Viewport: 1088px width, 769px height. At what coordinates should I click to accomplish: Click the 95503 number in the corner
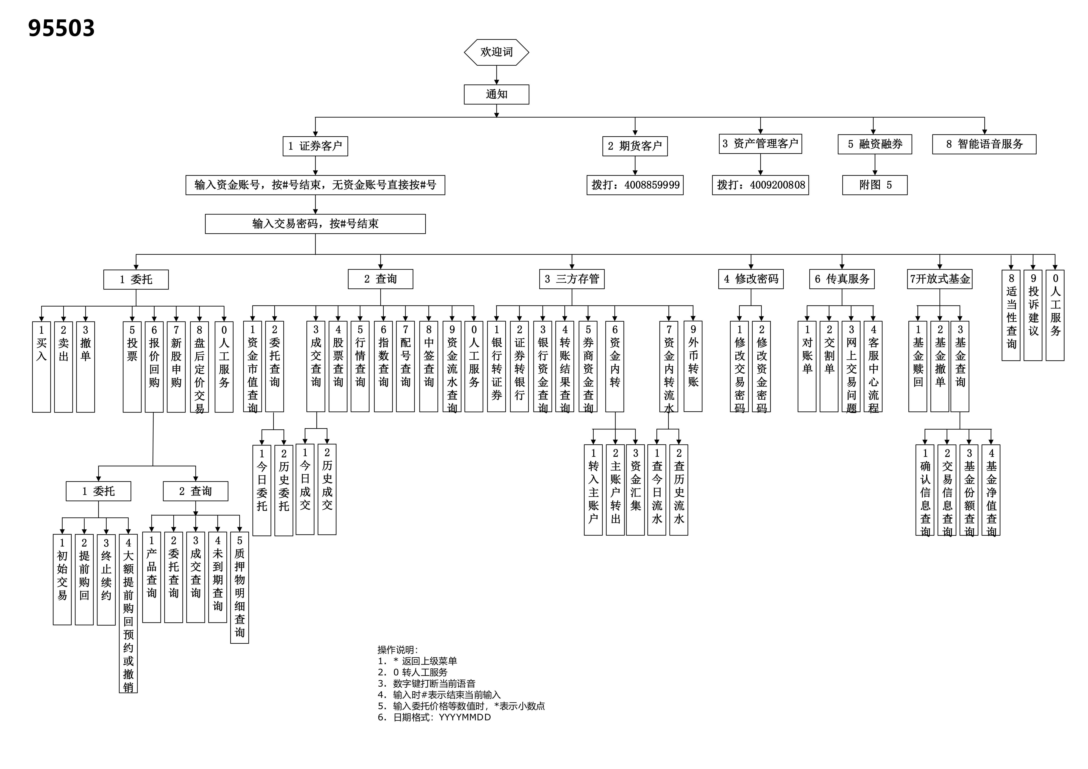point(61,28)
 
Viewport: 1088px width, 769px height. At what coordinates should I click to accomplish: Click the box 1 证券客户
point(315,146)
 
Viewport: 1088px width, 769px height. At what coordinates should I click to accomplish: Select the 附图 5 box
point(875,185)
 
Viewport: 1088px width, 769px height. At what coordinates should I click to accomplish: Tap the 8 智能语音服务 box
point(984,144)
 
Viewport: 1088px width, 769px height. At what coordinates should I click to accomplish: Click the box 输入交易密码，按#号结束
point(315,224)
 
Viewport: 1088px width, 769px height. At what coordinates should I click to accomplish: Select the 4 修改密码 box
point(751,279)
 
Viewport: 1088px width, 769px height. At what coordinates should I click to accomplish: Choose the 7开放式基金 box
point(940,279)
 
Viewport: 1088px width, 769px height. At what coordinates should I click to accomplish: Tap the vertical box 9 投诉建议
point(1033,315)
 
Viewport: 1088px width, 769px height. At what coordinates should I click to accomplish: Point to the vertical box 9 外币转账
point(693,366)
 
